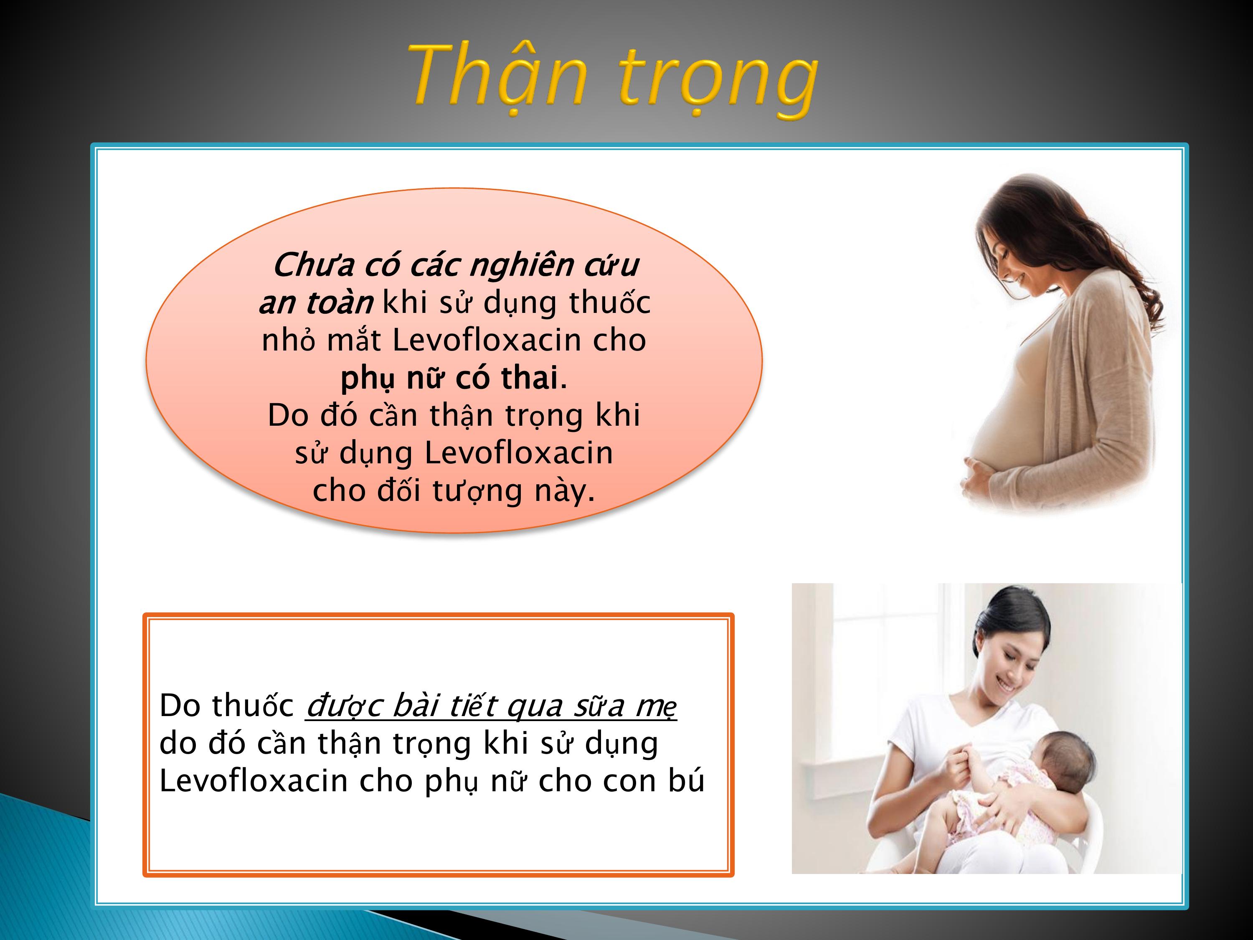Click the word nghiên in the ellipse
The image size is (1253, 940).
pyautogui.click(x=522, y=266)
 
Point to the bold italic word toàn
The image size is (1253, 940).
pyautogui.click(x=339, y=303)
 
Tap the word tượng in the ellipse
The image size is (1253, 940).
pyautogui.click(x=477, y=492)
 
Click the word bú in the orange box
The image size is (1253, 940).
pyautogui.click(x=687, y=780)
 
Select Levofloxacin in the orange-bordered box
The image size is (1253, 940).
pyautogui.click(x=253, y=780)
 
